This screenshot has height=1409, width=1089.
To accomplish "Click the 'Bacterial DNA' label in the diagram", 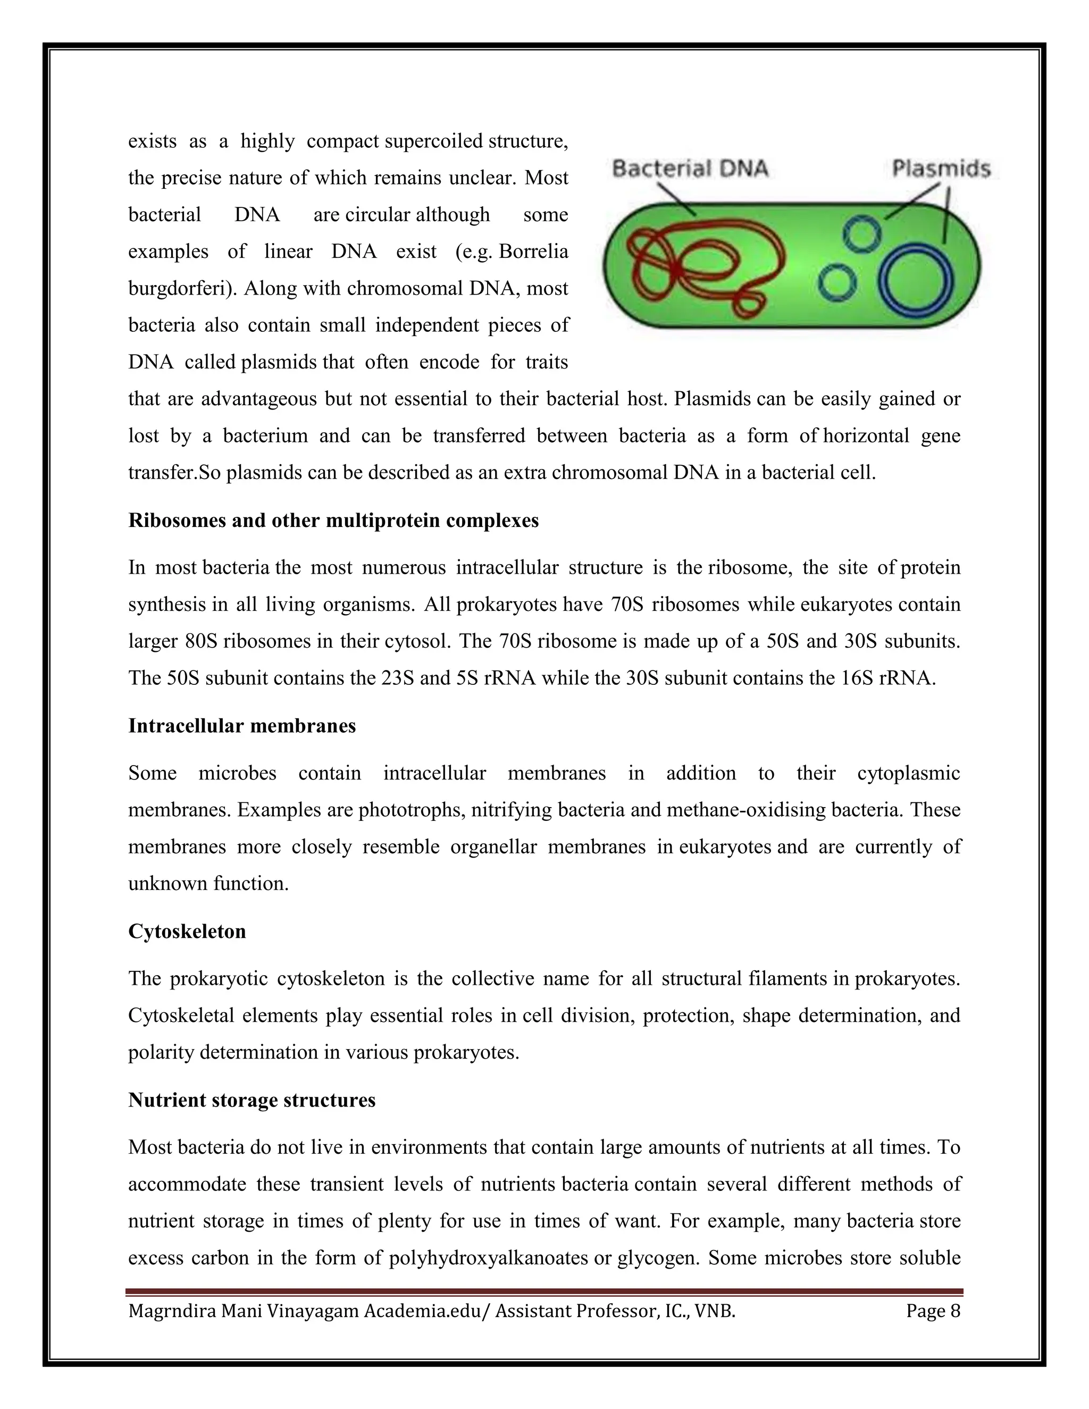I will pyautogui.click(x=690, y=169).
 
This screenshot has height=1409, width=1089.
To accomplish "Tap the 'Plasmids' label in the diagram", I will pyautogui.click(x=941, y=169).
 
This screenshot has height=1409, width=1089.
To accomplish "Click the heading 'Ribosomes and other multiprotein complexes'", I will pyautogui.click(x=333, y=520).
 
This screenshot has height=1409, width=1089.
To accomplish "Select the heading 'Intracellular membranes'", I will pyautogui.click(x=242, y=726).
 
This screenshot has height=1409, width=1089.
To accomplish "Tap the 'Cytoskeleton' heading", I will pyautogui.click(x=187, y=932).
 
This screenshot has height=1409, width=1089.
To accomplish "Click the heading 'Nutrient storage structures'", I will pyautogui.click(x=252, y=1100).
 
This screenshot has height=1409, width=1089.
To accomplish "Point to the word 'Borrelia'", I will pyautogui.click(x=533, y=251).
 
